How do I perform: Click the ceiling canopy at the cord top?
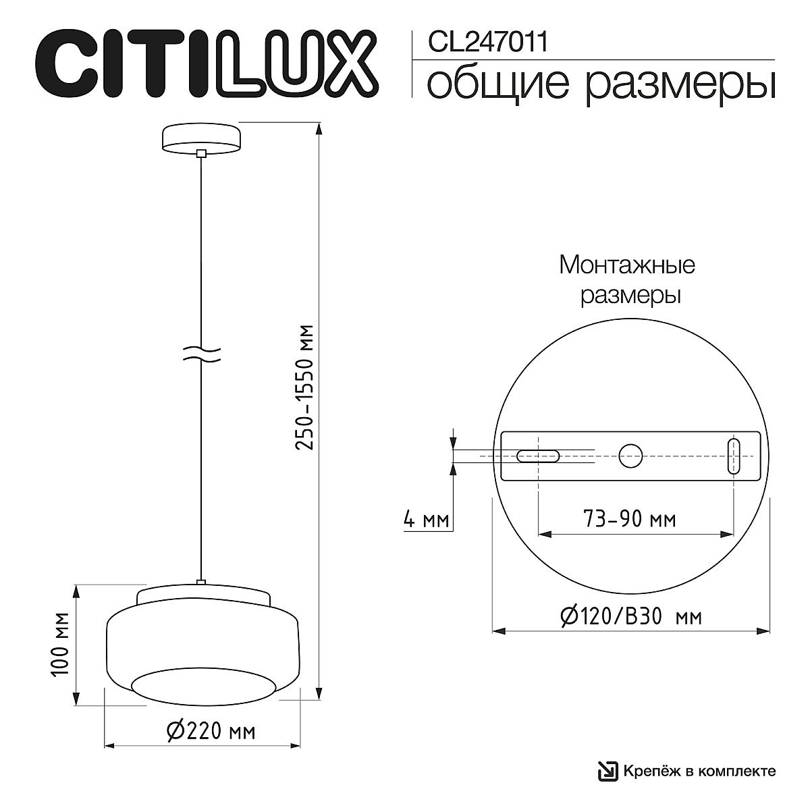pos(200,138)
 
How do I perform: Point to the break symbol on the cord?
pos(201,354)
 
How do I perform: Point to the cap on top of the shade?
pos(203,595)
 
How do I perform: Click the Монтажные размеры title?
pos(627,279)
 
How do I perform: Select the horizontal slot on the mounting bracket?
pos(537,456)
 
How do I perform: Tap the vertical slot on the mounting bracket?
pos(734,456)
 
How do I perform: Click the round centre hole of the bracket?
pos(631,456)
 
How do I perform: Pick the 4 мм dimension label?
pos(425,520)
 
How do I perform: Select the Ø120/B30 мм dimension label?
pos(630,616)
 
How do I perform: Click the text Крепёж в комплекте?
pos(699,771)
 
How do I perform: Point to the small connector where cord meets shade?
pos(200,581)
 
